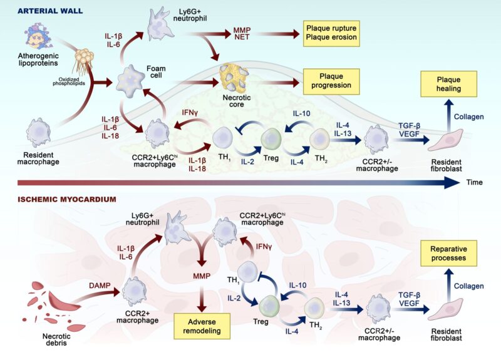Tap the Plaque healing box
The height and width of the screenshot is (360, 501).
tap(449, 84)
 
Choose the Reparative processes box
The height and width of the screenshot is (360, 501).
tap(448, 252)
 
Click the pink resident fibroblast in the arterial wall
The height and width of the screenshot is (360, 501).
tap(442, 140)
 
